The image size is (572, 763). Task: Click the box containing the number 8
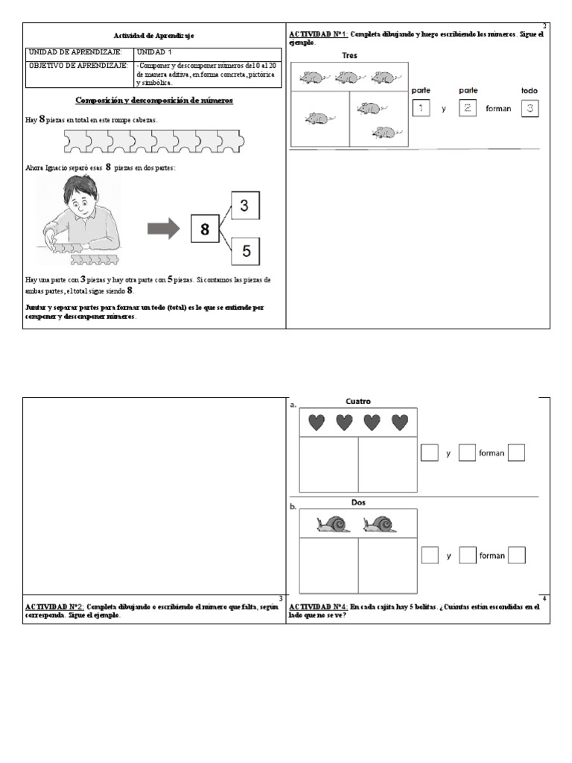pos(205,229)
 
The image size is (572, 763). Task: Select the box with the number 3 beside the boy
pos(245,204)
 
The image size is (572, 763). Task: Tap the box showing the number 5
pos(245,252)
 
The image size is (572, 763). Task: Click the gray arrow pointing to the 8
pos(164,228)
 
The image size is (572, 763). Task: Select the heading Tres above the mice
pos(349,56)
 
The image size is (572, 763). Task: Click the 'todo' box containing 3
pos(530,109)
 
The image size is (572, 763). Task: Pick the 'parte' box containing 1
pos(421,109)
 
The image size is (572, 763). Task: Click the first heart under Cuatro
pos(317,422)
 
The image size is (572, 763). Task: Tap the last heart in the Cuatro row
pos(400,422)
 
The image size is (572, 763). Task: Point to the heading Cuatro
pos(358,402)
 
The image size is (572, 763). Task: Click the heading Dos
pos(358,502)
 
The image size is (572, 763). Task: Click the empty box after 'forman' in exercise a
pos(516,452)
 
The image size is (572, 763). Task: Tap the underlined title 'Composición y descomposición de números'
pos(154,101)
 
